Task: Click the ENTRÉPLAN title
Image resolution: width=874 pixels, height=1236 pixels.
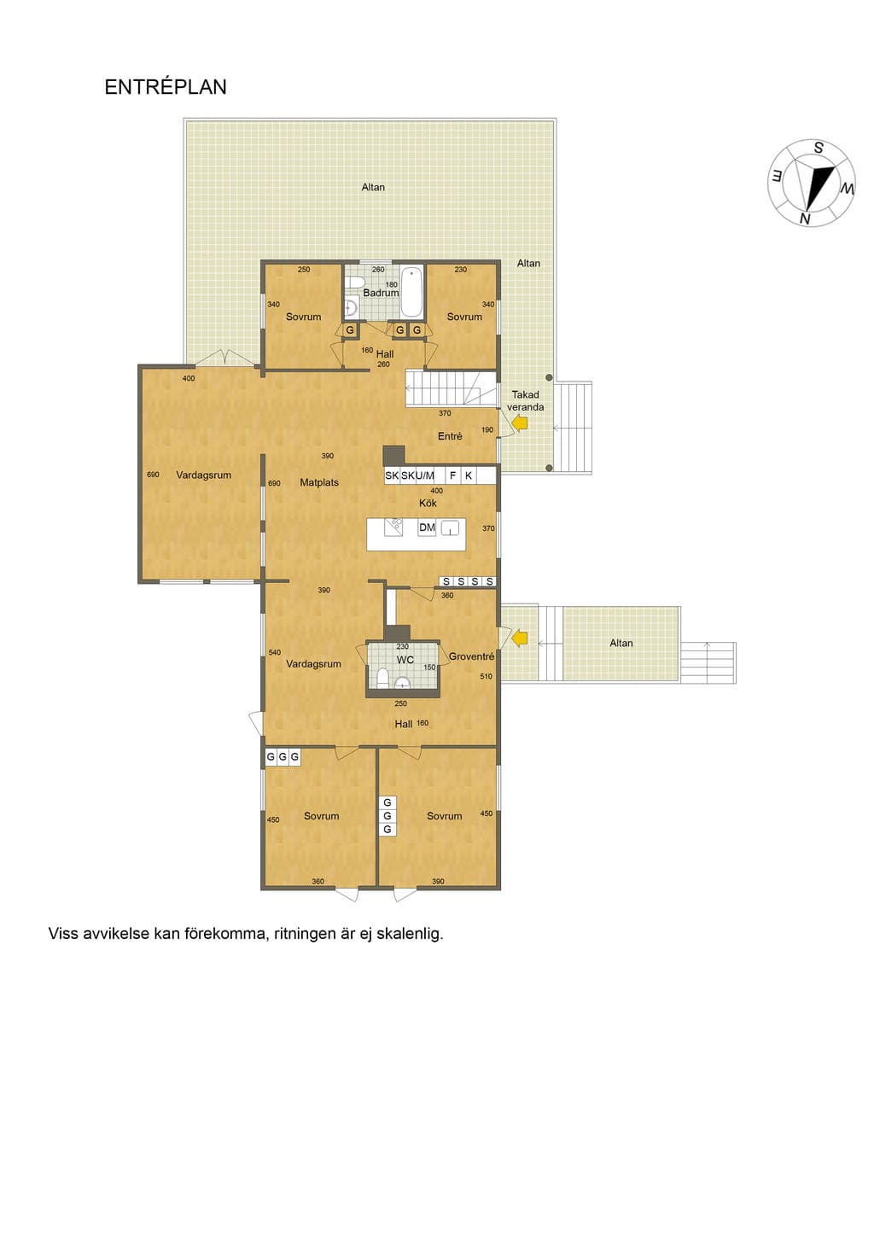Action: [x=166, y=87]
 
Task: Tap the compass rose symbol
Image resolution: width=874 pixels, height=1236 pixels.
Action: [x=812, y=183]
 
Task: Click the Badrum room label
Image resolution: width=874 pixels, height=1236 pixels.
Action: [x=381, y=293]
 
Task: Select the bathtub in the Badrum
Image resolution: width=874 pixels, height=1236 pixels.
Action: [x=412, y=292]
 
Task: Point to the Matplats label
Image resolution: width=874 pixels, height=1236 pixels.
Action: [x=319, y=482]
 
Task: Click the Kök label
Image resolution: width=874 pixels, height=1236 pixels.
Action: [x=428, y=503]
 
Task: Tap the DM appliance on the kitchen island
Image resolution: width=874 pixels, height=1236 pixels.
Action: [x=427, y=528]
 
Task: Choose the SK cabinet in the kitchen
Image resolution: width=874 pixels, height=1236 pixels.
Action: [x=392, y=475]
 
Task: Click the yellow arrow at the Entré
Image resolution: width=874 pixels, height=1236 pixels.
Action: [x=520, y=423]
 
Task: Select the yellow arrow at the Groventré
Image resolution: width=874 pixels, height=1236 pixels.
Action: [x=520, y=638]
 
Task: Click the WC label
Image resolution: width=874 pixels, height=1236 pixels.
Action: [x=405, y=660]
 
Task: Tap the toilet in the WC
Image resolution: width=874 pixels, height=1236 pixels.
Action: [x=382, y=678]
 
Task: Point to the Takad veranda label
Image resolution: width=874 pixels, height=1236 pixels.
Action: [x=525, y=401]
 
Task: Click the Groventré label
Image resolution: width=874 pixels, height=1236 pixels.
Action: [x=471, y=656]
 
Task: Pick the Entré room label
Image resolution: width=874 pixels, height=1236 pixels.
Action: [x=450, y=436]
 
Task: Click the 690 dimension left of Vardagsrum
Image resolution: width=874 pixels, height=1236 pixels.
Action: [x=153, y=475]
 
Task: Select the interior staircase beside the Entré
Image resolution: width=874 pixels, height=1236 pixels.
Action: [x=452, y=388]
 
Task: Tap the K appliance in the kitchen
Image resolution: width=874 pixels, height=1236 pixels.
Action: [x=469, y=475]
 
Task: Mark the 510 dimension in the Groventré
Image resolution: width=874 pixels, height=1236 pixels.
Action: [x=486, y=677]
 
